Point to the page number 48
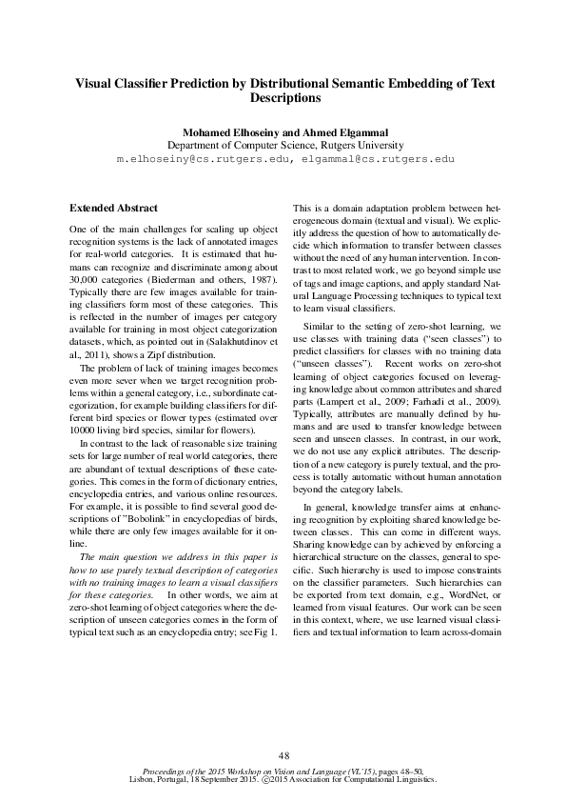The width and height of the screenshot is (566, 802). click(x=283, y=754)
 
